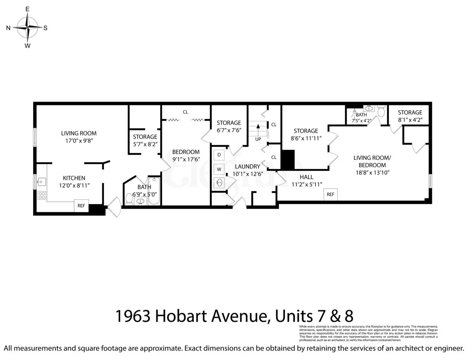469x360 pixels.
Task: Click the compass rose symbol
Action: pyautogui.click(x=27, y=27)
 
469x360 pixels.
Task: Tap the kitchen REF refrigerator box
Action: pyautogui.click(x=82, y=206)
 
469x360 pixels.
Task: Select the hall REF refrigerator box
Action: pyautogui.click(x=330, y=194)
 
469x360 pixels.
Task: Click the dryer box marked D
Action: pyautogui.click(x=219, y=155)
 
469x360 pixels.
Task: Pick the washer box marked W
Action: pyautogui.click(x=219, y=169)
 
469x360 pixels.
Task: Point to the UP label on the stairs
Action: pyautogui.click(x=258, y=139)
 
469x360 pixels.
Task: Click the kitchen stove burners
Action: pyautogui.click(x=41, y=195)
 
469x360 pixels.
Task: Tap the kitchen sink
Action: pyautogui.click(x=41, y=182)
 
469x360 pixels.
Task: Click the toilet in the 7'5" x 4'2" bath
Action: pyautogui.click(x=381, y=112)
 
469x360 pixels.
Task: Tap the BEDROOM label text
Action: pyautogui.click(x=186, y=152)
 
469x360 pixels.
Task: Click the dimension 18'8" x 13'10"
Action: pyautogui.click(x=372, y=172)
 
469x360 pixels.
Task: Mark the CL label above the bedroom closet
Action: pyautogui.click(x=185, y=112)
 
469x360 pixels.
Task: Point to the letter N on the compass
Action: pyautogui.click(x=8, y=28)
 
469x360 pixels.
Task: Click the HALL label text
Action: pyautogui.click(x=307, y=177)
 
